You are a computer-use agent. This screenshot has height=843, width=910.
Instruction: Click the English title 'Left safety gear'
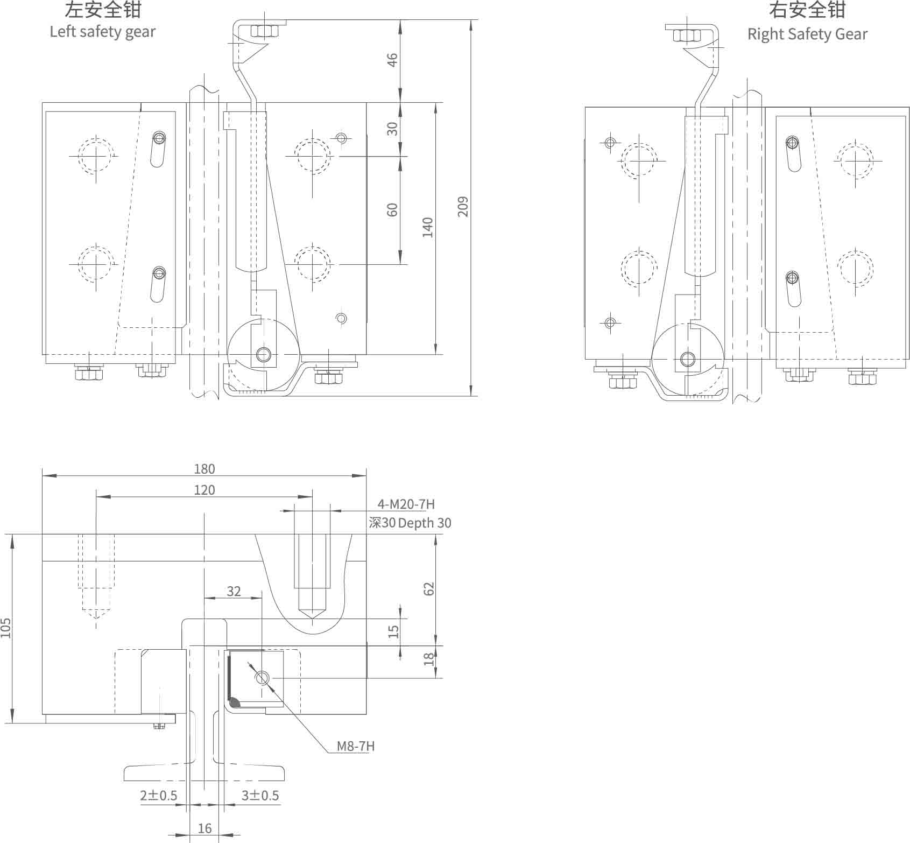tap(102, 32)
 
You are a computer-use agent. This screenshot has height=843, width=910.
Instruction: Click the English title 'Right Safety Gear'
tap(807, 34)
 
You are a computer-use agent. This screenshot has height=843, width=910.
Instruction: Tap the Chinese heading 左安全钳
tap(102, 10)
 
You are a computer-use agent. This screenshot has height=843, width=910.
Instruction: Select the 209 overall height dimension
tap(463, 207)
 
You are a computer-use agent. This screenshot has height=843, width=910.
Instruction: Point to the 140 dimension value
tap(427, 227)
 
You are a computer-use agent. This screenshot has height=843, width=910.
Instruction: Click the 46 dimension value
tap(392, 59)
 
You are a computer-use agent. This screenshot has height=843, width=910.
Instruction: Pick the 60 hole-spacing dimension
tap(392, 209)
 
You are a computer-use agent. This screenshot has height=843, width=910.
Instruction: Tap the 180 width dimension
tap(204, 469)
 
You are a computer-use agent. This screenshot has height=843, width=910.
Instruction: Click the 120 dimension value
tap(204, 490)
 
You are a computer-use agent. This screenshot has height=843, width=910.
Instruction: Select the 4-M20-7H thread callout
tap(406, 504)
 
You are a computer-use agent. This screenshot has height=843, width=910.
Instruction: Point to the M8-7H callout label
tap(356, 746)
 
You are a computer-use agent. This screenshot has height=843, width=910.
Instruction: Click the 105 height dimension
tap(6, 628)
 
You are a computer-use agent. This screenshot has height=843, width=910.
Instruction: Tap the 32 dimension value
tap(234, 591)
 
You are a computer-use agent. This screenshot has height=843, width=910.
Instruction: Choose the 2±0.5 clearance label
tap(158, 796)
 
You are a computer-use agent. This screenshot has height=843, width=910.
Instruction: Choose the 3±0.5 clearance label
tap(260, 796)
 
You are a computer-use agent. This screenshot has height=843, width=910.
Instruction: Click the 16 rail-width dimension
tap(204, 828)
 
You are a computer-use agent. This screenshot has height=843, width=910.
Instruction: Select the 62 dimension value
tap(429, 588)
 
